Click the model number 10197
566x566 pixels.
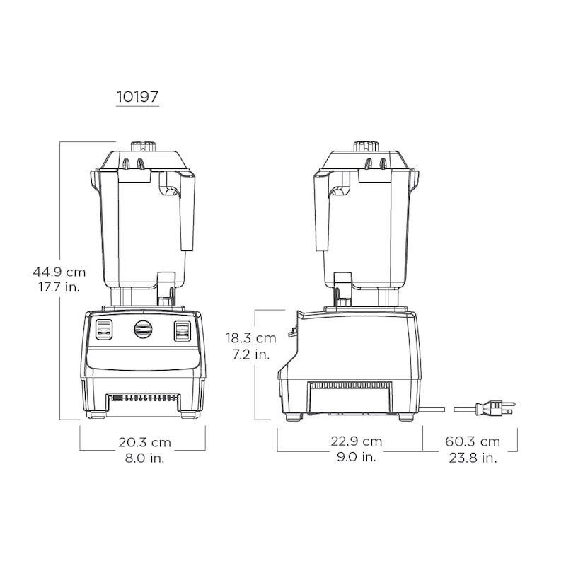[137, 96]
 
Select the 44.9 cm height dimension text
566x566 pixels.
[59, 272]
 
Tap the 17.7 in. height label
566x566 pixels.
[59, 287]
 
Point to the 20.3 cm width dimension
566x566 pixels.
[145, 442]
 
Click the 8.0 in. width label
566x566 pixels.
[145, 458]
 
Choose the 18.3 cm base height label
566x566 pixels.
[251, 338]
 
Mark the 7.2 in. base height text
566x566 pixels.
[251, 354]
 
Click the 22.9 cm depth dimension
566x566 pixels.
[357, 441]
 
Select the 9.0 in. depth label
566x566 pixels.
[357, 457]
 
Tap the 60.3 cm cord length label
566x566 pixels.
[473, 441]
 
